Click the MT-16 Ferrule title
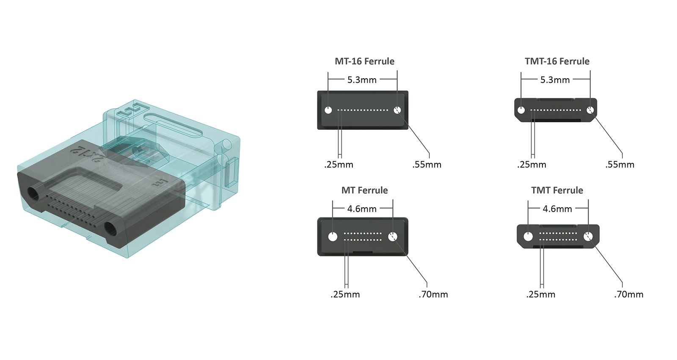(x=364, y=61)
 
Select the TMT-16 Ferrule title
(x=557, y=61)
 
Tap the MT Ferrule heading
(x=364, y=190)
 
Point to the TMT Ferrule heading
(x=557, y=190)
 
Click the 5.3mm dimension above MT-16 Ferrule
(x=362, y=80)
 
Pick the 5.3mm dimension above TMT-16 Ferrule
(x=555, y=80)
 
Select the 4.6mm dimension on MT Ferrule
(x=362, y=209)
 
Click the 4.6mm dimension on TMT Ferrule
(x=557, y=209)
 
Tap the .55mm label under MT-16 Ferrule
(x=427, y=165)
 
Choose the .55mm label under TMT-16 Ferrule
(x=619, y=165)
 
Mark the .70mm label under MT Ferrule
(x=433, y=294)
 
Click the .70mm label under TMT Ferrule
(x=628, y=294)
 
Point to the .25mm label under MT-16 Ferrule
(x=338, y=165)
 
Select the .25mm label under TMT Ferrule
(x=541, y=294)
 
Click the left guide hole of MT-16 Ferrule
(x=328, y=110)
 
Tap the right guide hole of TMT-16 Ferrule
(x=590, y=110)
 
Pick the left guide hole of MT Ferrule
(x=333, y=236)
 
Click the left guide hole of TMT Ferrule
(x=528, y=236)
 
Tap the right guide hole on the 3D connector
(x=111, y=230)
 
